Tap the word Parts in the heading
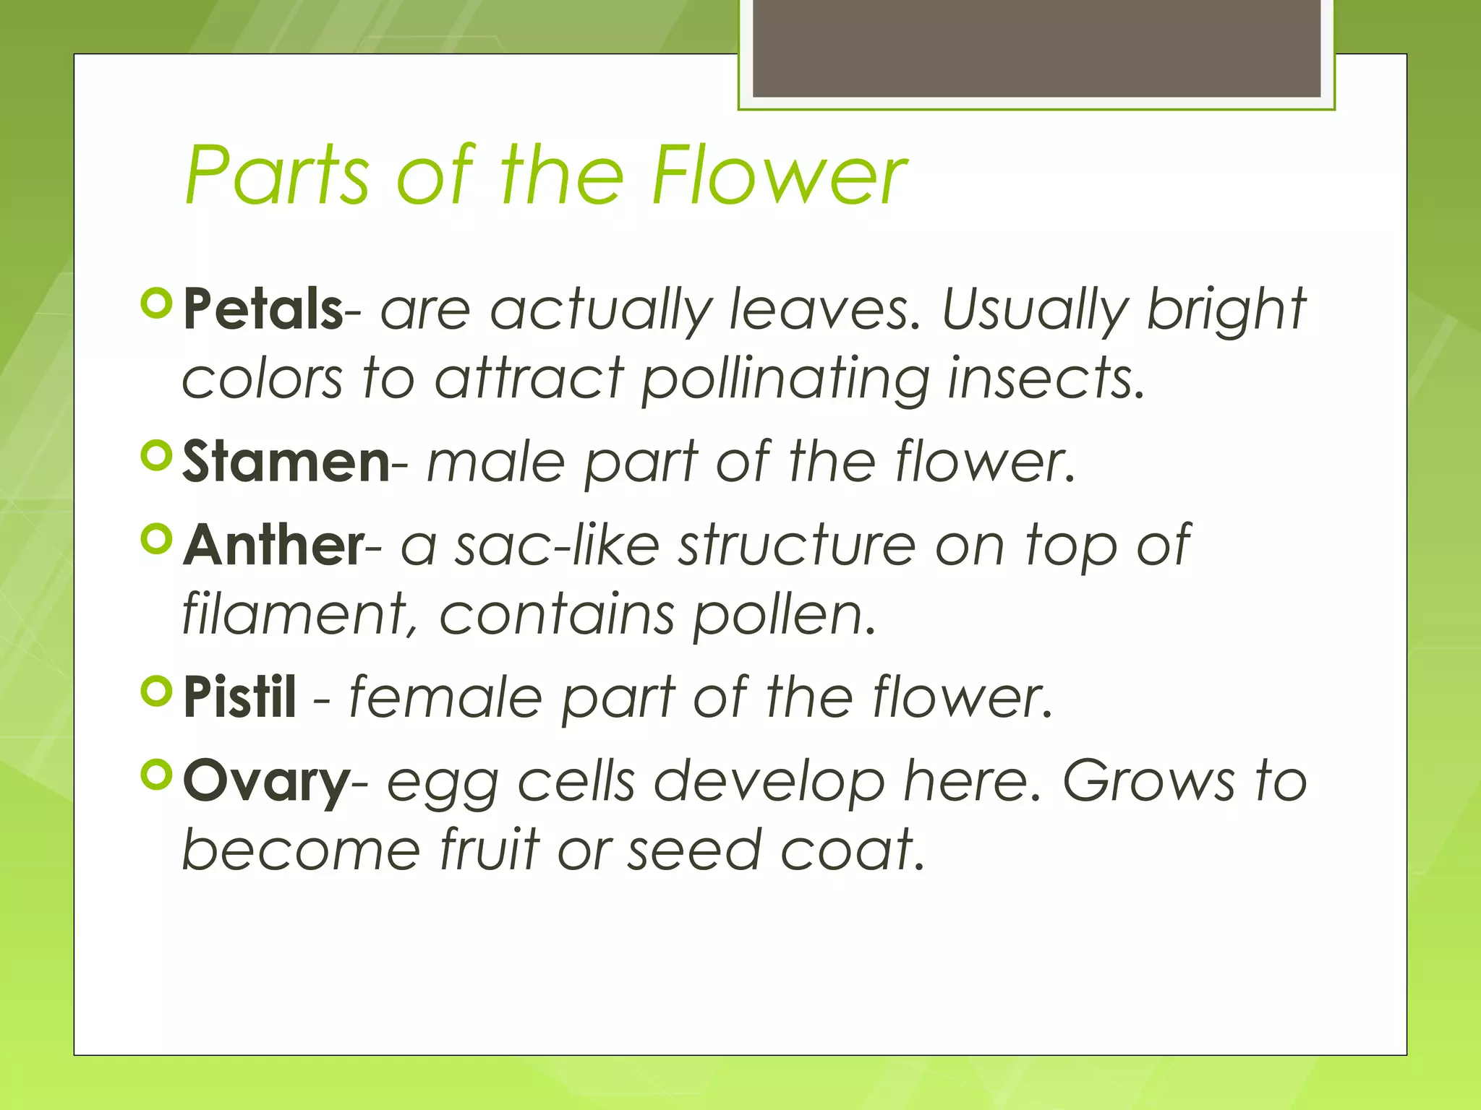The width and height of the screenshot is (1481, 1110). (x=278, y=175)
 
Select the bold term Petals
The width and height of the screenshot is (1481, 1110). (x=263, y=309)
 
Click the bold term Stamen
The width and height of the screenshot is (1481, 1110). (x=286, y=462)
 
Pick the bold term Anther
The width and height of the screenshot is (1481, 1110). (x=273, y=545)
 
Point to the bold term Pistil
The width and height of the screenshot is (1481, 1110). (x=239, y=697)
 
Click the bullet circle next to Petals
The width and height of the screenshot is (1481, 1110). (x=156, y=304)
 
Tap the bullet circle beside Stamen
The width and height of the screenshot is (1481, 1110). (x=156, y=456)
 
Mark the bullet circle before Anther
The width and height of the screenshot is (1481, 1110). (x=156, y=539)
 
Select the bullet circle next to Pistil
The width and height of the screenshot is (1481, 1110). (x=156, y=692)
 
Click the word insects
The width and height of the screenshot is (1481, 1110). (x=1046, y=379)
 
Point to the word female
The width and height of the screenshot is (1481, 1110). (x=445, y=697)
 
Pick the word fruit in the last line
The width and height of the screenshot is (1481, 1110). (x=490, y=850)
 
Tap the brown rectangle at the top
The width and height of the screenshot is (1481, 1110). (x=1036, y=48)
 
